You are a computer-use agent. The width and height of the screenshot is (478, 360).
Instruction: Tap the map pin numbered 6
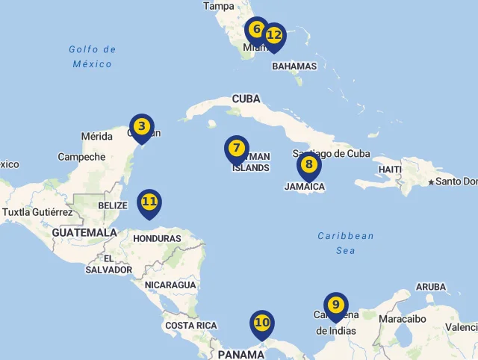[x=256, y=31]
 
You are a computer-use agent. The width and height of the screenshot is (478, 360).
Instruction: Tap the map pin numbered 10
[x=261, y=323]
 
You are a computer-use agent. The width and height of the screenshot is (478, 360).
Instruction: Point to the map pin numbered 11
[x=149, y=202]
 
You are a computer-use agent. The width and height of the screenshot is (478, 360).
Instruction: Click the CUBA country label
[x=246, y=99]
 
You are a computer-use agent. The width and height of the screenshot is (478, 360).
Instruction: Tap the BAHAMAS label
[x=294, y=66]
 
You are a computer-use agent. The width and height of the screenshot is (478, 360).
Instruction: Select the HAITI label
[x=390, y=170]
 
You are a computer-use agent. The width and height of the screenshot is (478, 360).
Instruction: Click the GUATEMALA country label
[x=84, y=232]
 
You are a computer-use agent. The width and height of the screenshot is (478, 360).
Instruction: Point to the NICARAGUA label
[x=170, y=285]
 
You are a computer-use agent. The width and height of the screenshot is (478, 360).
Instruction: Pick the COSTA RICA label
[x=190, y=326]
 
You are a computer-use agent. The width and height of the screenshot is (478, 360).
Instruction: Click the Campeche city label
[x=81, y=157]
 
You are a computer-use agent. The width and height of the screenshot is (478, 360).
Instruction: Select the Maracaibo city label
[x=403, y=319]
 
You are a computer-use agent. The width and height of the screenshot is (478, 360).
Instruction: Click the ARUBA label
[x=430, y=287]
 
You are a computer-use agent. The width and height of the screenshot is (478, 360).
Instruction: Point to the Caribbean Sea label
[x=345, y=243]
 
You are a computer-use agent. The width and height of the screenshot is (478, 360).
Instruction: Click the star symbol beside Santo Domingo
[x=431, y=182]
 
